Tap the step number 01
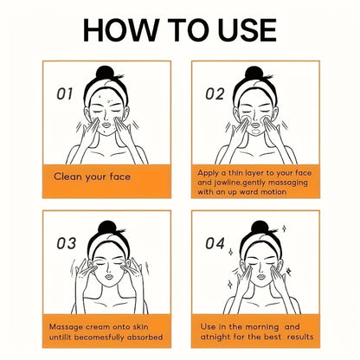coord(65,94)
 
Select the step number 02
coord(215,94)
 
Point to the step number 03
coord(67,243)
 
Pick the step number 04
coord(215,243)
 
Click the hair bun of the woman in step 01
coord(105,73)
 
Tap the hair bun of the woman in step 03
coord(106,228)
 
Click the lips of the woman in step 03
coord(109,276)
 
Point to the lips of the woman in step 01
coord(106,125)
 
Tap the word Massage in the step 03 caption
coord(66,327)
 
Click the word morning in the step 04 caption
coord(262,327)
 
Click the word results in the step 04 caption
coord(300,337)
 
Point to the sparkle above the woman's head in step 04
coord(284,228)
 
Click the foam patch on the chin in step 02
coord(255,132)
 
